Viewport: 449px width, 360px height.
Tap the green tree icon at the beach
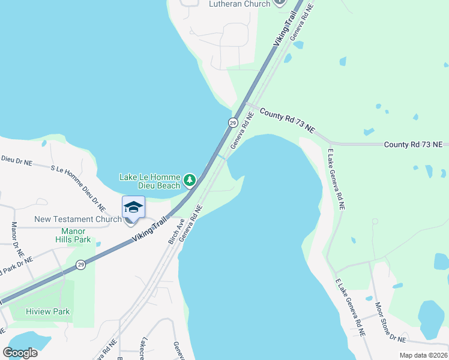point(190,179)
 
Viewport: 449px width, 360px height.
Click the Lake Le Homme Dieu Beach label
point(149,181)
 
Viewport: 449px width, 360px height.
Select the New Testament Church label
point(78,220)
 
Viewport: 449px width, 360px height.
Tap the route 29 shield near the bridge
point(232,122)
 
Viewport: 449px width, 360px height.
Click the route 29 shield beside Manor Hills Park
point(80,264)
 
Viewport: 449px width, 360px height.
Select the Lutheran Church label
point(240,4)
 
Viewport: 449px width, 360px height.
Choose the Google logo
point(20,352)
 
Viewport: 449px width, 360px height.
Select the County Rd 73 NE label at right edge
point(413,145)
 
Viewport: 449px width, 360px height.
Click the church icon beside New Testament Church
point(128,220)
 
